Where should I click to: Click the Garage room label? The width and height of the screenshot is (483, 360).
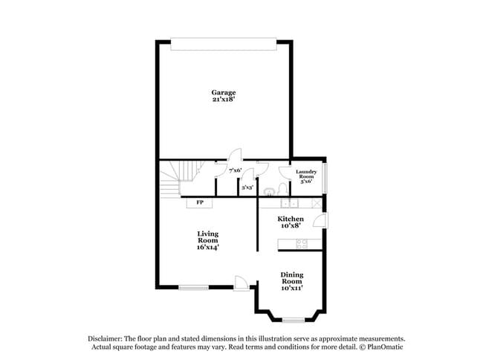pyautogui.click(x=223, y=92)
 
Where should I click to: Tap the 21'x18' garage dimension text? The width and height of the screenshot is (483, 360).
pyautogui.click(x=223, y=99)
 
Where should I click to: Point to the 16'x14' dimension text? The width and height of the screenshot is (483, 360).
pyautogui.click(x=207, y=248)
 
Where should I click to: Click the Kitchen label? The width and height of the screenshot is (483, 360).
pyautogui.click(x=291, y=219)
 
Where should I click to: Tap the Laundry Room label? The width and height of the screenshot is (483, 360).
pyautogui.click(x=306, y=175)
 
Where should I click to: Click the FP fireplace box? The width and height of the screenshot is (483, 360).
pyautogui.click(x=199, y=202)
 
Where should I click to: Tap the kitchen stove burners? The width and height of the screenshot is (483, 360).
pyautogui.click(x=302, y=242)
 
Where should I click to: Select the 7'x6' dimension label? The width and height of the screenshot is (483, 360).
pyautogui.click(x=235, y=170)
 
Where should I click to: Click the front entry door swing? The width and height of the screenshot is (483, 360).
pyautogui.click(x=241, y=283)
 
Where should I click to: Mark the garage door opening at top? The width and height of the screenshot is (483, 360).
pyautogui.click(x=223, y=45)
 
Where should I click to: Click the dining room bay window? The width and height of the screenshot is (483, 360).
pyautogui.click(x=294, y=320)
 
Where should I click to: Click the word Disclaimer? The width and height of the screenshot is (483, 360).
pyautogui.click(x=105, y=338)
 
